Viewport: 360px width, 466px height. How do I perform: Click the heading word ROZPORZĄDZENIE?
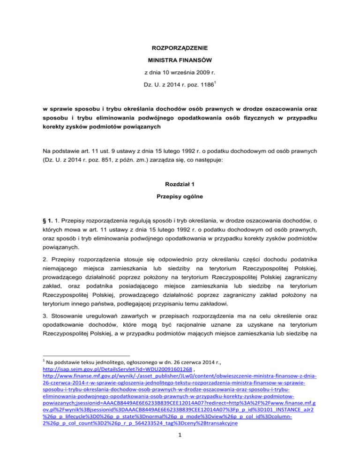[180, 48]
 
